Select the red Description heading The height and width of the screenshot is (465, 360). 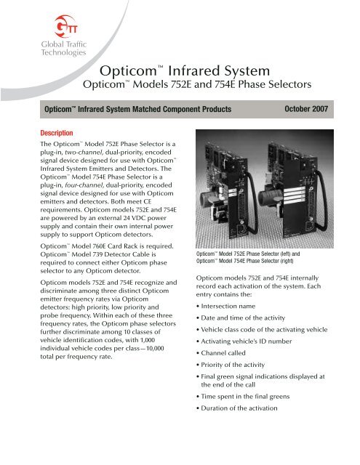click(62, 133)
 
